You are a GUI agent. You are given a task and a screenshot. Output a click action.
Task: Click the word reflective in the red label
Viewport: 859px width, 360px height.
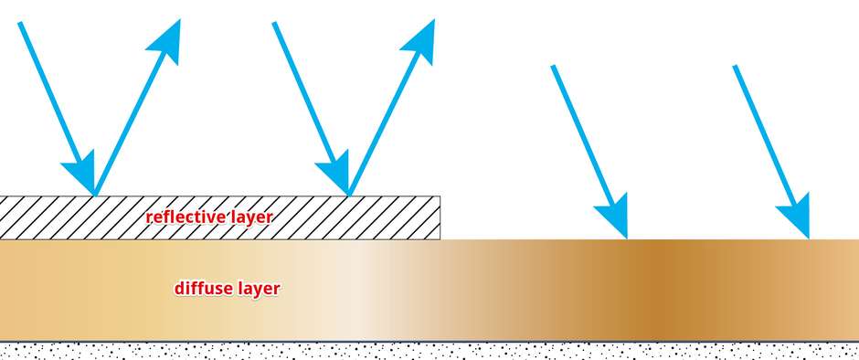pos(183,217)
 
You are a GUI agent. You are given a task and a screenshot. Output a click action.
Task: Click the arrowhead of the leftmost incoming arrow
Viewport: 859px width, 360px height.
pos(81,172)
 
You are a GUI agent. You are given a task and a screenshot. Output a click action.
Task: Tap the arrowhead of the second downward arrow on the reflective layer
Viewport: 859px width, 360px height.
pos(335,172)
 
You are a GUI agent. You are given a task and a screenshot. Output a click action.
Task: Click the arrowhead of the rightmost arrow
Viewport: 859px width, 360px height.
pos(795,216)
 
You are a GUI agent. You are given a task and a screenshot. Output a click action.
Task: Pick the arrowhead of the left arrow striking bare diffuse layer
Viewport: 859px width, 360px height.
pos(613,216)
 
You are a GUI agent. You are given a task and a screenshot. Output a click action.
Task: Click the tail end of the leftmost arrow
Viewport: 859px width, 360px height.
pos(20,23)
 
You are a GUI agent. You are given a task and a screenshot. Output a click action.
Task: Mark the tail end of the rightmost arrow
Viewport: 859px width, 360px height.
pos(736,67)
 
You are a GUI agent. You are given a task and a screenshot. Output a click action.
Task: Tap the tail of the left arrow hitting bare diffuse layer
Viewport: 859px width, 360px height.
pos(553,67)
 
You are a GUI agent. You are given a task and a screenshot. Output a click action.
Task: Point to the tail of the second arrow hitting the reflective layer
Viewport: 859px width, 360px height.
pos(274,23)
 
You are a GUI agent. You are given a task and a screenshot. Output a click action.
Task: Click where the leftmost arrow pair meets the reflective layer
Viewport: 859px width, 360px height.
pos(95,195)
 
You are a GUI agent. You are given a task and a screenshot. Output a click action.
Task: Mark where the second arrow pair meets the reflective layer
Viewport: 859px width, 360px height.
pos(349,195)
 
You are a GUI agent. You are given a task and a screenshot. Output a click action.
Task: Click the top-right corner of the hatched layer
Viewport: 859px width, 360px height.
pos(440,196)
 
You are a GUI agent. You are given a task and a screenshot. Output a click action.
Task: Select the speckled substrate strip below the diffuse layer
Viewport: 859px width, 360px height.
pos(429,351)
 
